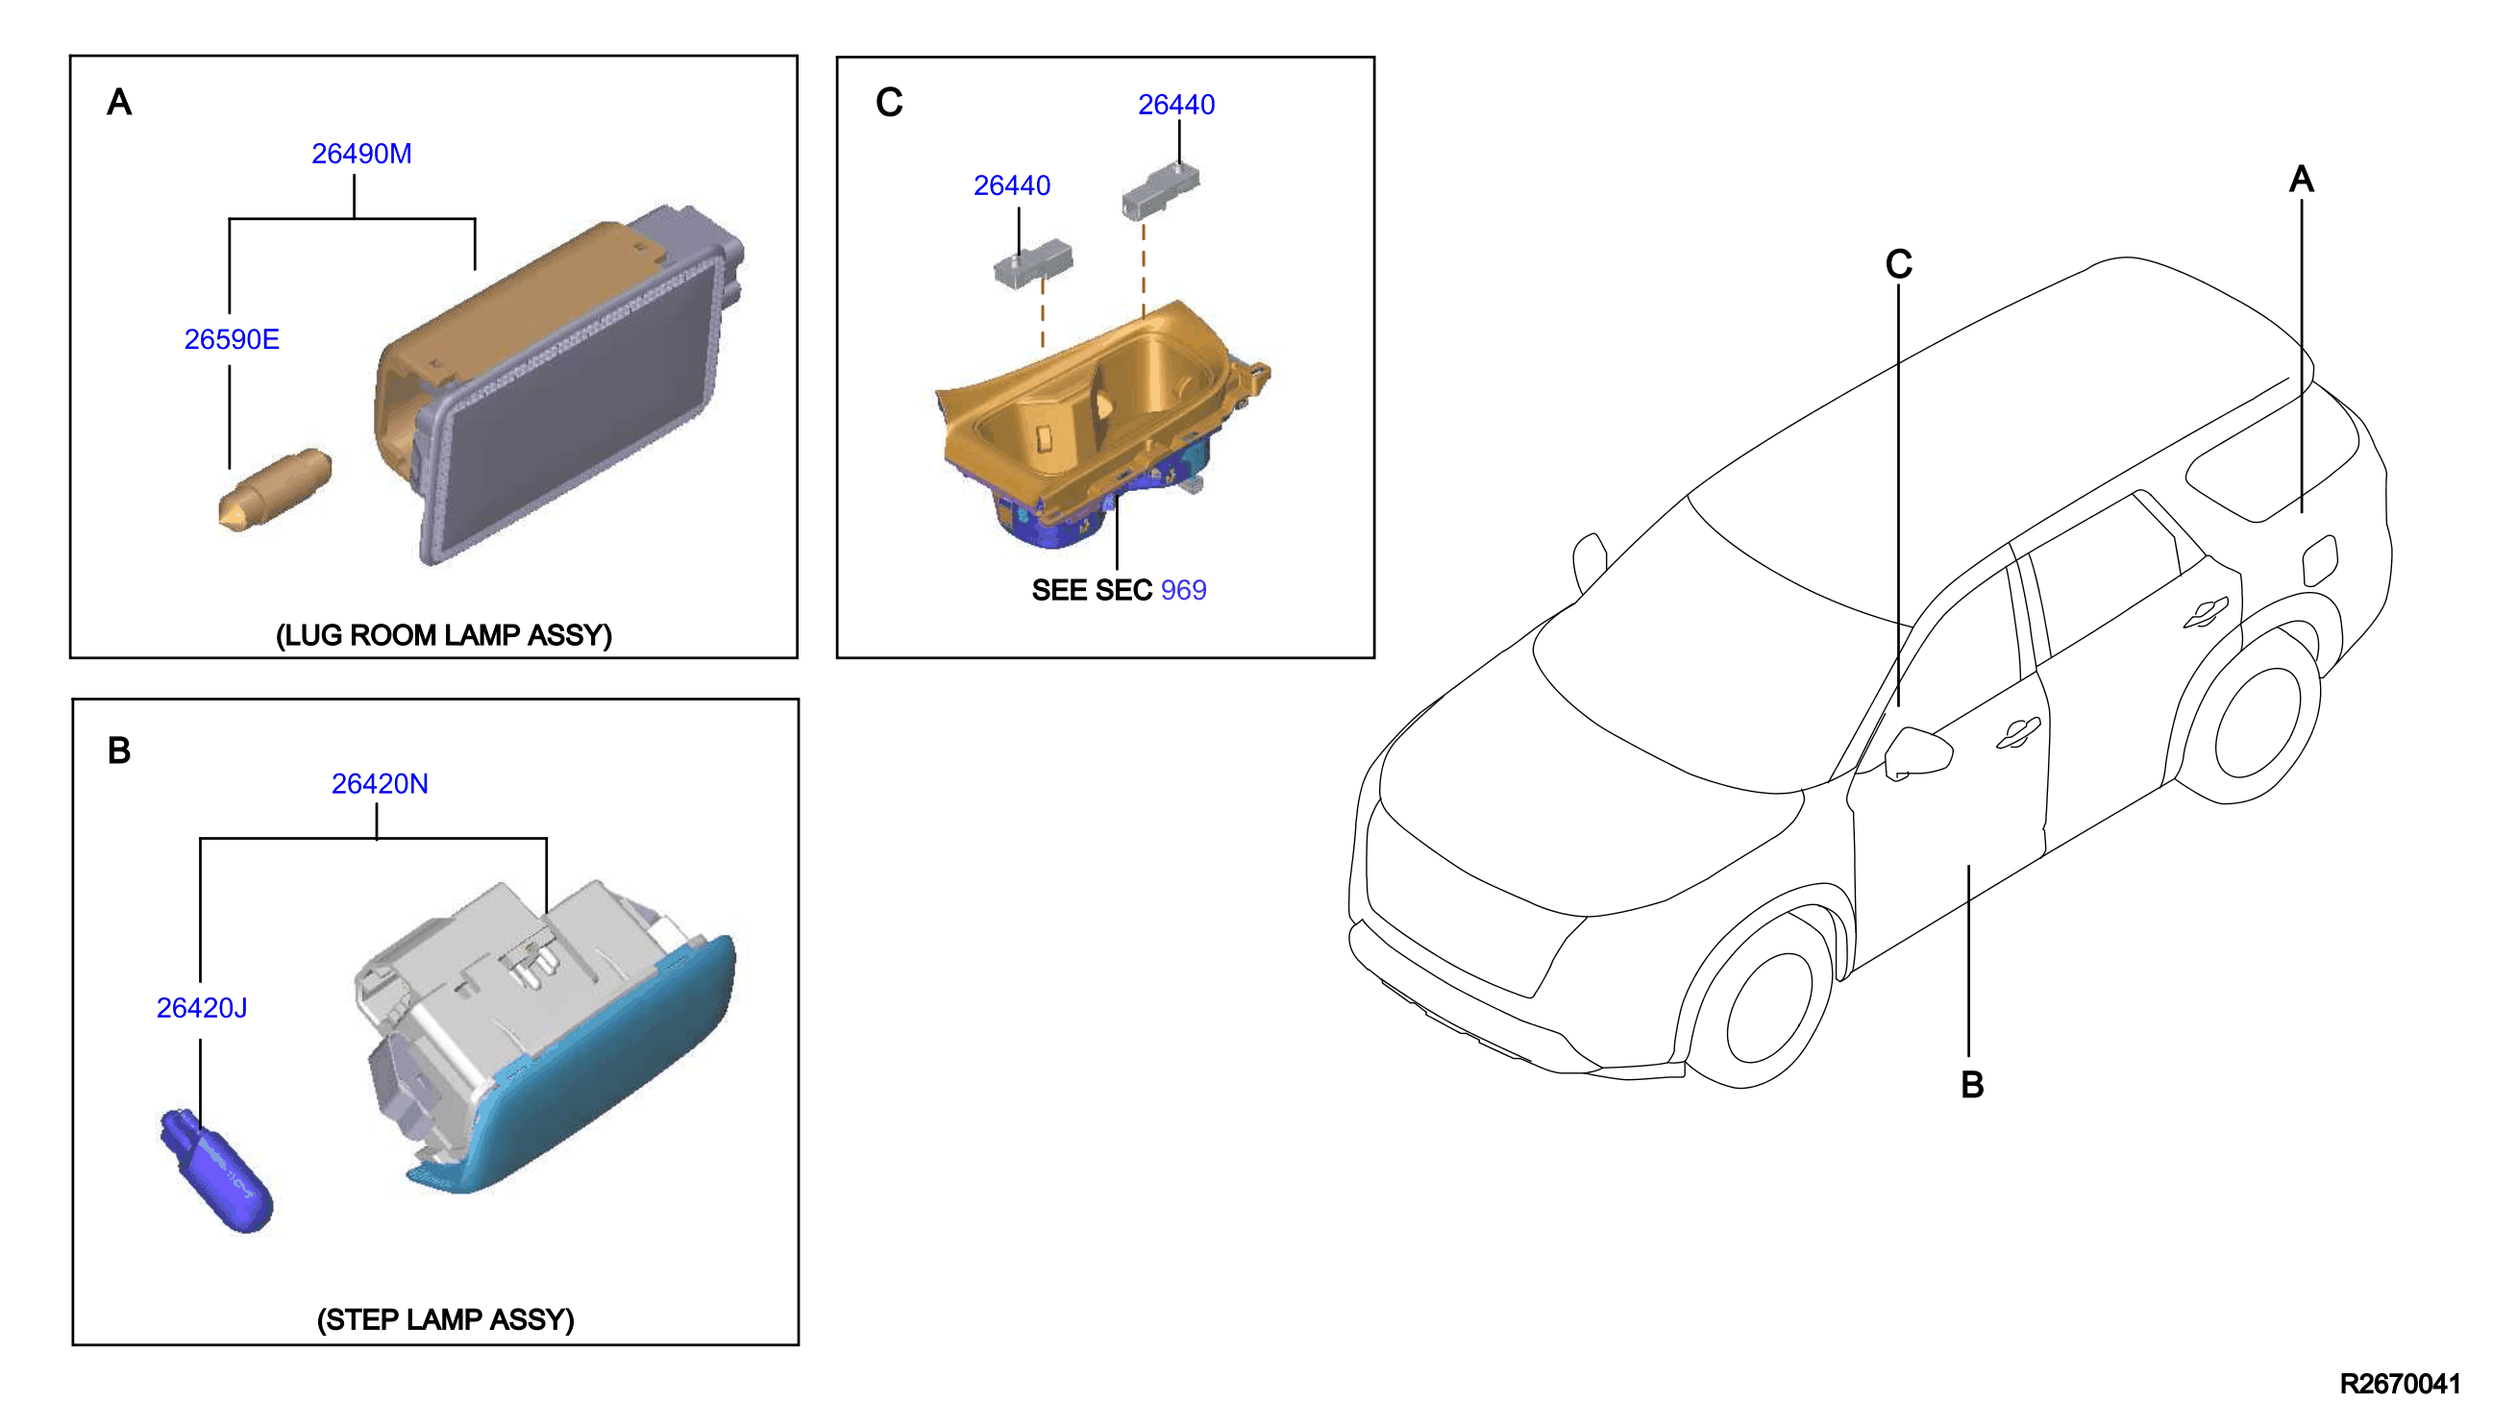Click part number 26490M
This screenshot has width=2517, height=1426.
point(361,154)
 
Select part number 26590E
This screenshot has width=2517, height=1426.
point(233,339)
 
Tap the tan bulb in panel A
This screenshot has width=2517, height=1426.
point(275,490)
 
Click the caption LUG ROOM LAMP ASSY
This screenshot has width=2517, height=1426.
point(444,635)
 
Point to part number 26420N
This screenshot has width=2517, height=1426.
point(380,783)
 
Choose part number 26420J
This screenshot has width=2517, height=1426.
point(202,1008)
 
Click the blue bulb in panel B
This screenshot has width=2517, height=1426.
point(217,1170)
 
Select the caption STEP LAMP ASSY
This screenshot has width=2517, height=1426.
point(446,1319)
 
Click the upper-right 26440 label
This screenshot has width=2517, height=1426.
point(1176,105)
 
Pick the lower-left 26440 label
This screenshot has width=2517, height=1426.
point(1012,185)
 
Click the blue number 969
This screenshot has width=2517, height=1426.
point(1183,590)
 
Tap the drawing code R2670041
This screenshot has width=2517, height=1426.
point(2400,1384)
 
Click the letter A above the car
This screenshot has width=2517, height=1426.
point(2302,180)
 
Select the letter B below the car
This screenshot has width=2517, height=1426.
point(1972,1085)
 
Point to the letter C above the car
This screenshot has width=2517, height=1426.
point(1899,264)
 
